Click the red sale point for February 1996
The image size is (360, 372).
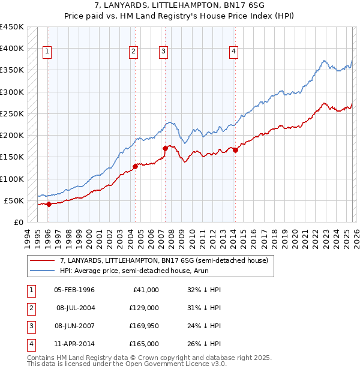tap(49, 204)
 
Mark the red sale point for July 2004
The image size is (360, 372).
tap(135, 166)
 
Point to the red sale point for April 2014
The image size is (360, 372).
tap(235, 151)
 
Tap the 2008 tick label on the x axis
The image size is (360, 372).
tap(172, 236)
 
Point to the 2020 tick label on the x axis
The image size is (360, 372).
tap(295, 236)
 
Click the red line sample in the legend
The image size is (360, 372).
tap(43, 260)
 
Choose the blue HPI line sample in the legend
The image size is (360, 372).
tap(43, 271)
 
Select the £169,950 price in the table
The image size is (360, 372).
tap(144, 327)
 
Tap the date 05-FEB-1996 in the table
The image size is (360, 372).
tap(74, 290)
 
